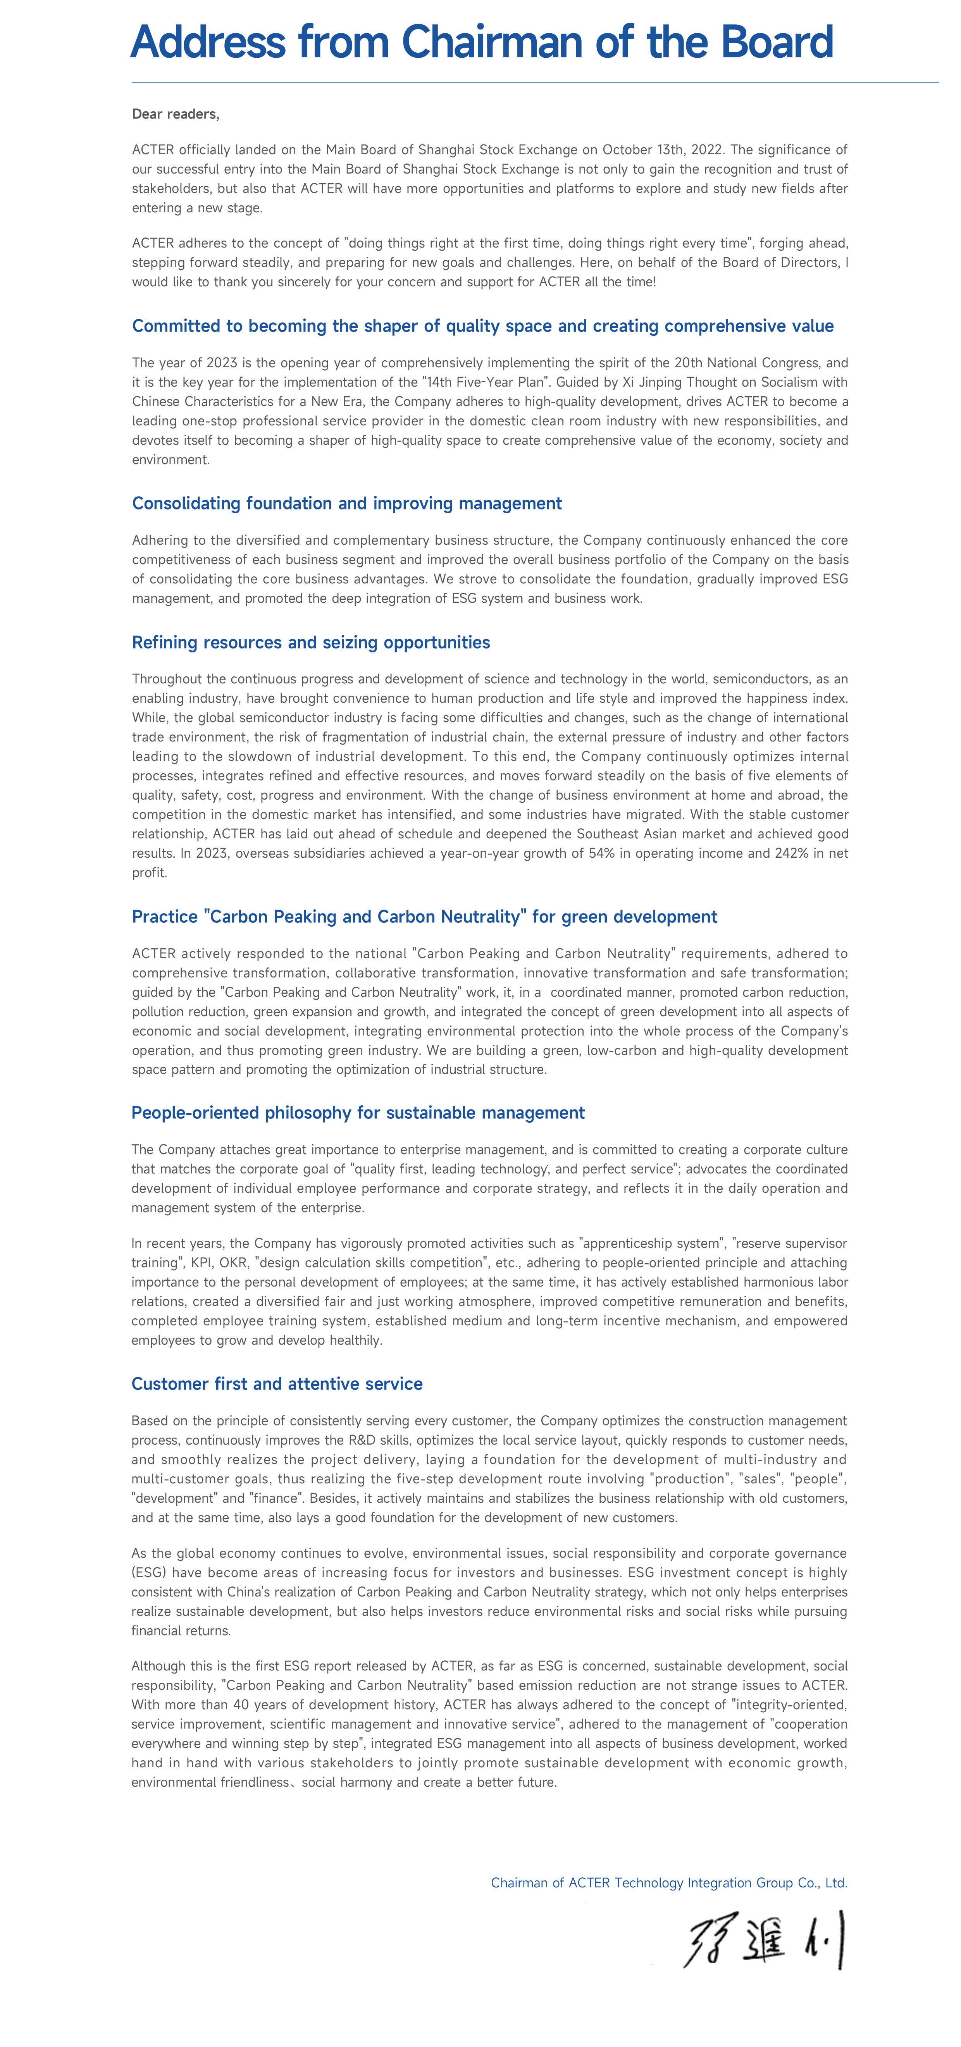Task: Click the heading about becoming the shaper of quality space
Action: (x=482, y=326)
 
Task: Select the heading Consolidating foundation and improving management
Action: (x=346, y=503)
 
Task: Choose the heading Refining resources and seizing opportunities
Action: (x=311, y=642)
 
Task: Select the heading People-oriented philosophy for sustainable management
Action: (x=358, y=1113)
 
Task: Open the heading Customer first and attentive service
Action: (x=277, y=1383)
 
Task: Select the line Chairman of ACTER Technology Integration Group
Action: (x=668, y=1882)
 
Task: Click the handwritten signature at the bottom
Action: (x=763, y=1940)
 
